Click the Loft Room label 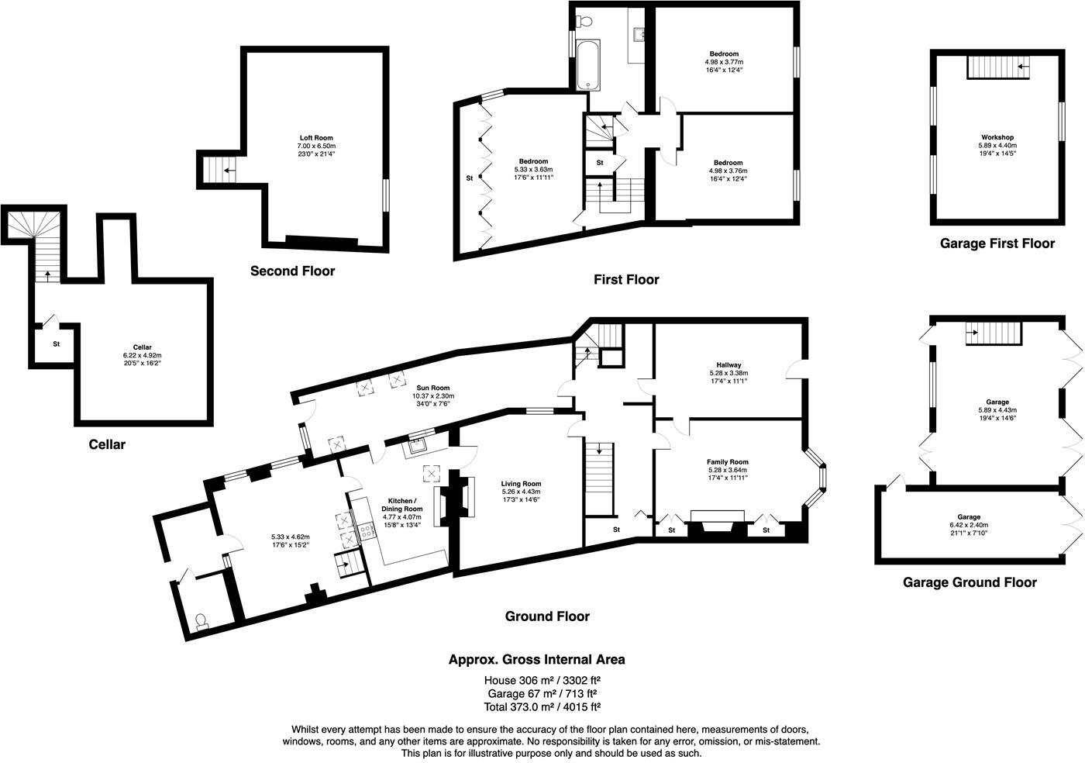coord(315,138)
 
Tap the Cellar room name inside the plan coord(142,347)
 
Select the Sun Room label coord(431,388)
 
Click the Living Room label coord(521,483)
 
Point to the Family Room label coord(728,462)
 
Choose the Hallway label coord(728,364)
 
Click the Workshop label coord(997,137)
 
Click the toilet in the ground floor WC coord(201,621)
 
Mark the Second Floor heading coord(292,271)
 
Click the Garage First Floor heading coord(997,243)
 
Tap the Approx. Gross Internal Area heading coord(536,660)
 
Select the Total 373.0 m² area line coord(542,706)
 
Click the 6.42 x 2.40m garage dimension coord(968,525)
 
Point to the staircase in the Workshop coord(999,71)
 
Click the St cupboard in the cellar coord(56,344)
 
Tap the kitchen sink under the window coord(418,445)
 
